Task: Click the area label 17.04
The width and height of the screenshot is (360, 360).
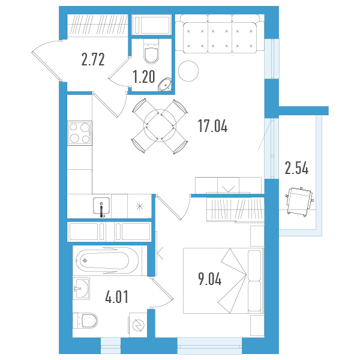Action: tap(212, 126)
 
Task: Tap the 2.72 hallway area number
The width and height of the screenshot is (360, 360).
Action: tap(93, 59)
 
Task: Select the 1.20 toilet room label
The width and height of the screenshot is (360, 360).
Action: tap(144, 77)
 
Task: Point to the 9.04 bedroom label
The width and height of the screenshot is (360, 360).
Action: tap(210, 279)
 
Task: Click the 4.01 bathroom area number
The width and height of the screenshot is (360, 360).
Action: tap(116, 296)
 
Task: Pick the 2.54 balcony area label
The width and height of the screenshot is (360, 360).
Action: tap(296, 168)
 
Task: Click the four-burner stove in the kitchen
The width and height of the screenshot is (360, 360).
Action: tap(80, 133)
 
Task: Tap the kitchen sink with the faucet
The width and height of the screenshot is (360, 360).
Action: tap(101, 206)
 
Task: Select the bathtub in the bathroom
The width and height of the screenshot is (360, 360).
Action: tap(107, 260)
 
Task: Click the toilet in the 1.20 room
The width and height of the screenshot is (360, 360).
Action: tap(151, 51)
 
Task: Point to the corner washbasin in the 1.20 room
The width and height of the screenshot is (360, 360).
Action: tap(165, 85)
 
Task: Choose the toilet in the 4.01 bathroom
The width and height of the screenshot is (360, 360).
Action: tap(85, 320)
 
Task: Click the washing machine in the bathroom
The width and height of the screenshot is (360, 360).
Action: tap(138, 325)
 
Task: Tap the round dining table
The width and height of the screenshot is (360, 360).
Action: tap(160, 125)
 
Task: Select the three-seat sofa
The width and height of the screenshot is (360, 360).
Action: tap(220, 34)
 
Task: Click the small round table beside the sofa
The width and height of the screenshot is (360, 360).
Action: tap(188, 71)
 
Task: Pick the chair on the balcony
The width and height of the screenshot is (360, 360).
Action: tap(299, 202)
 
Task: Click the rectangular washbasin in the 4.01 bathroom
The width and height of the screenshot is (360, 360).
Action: tap(81, 289)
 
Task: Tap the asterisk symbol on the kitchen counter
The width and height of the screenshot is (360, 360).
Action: tap(140, 206)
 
